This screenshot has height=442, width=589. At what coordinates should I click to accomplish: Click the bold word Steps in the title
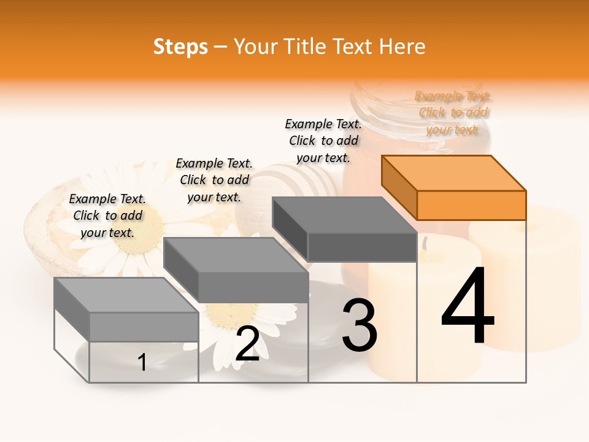pos(180,47)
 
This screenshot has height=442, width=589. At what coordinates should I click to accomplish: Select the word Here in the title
pos(402,47)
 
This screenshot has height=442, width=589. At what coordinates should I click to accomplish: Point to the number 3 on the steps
pos(360,325)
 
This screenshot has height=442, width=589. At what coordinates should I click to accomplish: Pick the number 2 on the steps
pos(247,344)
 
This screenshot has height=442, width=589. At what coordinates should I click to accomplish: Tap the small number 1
pos(142,362)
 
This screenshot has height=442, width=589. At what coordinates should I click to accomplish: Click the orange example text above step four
pos(453,112)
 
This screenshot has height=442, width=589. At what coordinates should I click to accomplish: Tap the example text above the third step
pos(323,141)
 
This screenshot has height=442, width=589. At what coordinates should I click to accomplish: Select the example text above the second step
pos(214,180)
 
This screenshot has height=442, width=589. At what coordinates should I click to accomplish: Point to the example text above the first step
pos(107,215)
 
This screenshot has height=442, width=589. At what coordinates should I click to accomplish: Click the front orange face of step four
pos(471,205)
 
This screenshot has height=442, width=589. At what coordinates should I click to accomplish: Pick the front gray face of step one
pos(144,327)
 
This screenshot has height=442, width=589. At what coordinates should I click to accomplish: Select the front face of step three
pos(362,247)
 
